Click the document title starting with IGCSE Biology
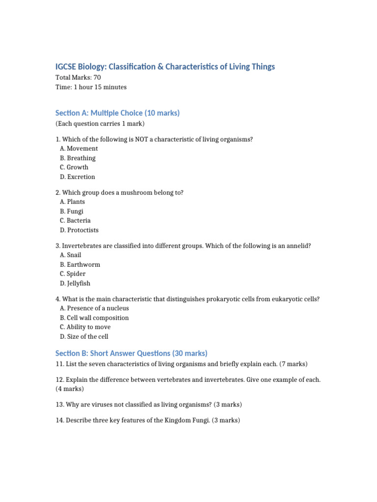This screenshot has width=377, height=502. pyautogui.click(x=165, y=67)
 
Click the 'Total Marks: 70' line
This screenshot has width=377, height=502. pyautogui.click(x=79, y=77)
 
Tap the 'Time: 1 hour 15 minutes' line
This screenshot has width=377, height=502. pyautogui.click(x=91, y=87)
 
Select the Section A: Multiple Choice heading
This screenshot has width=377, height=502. pyautogui.click(x=118, y=113)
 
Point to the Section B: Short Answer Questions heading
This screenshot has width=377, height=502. pyautogui.click(x=132, y=353)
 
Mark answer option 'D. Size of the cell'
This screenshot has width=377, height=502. pyautogui.click(x=84, y=337)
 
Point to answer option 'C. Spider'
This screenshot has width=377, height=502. pyautogui.click(x=73, y=274)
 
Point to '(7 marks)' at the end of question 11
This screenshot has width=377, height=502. pyautogui.click(x=294, y=364)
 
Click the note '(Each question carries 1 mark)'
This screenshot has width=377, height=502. pyautogui.click(x=100, y=124)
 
